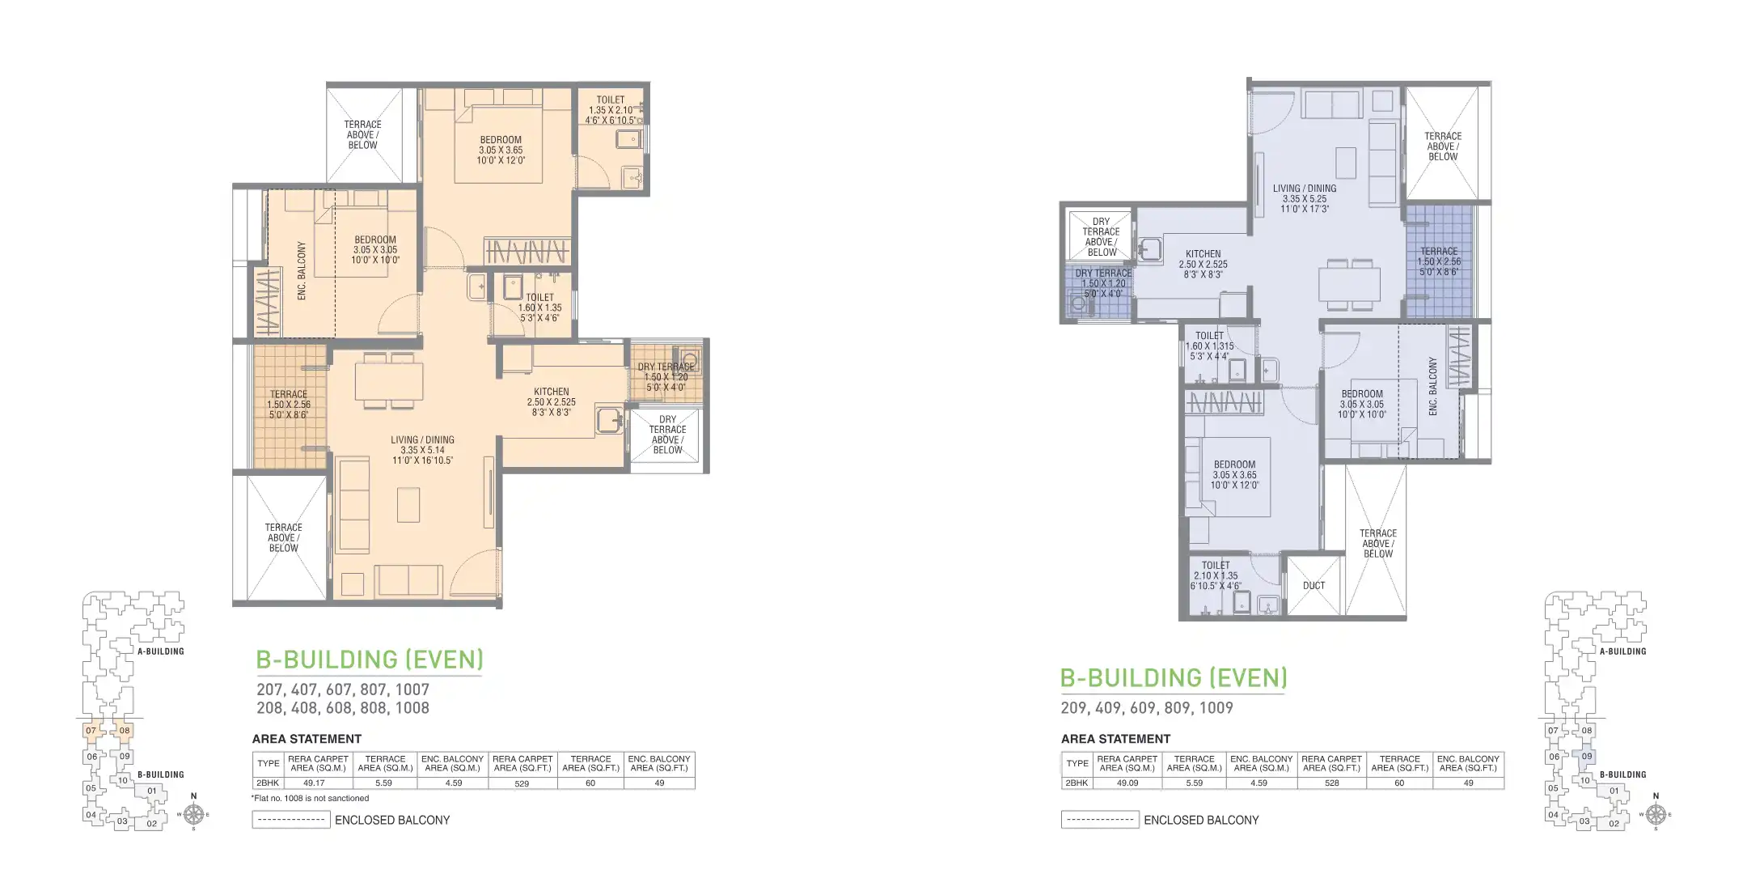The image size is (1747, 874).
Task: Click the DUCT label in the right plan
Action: click(1313, 585)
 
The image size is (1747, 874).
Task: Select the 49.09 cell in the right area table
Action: click(1127, 783)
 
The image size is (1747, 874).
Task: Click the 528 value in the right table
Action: click(1331, 783)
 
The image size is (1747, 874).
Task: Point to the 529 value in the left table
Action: click(522, 783)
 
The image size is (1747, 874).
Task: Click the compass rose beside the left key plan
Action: click(192, 812)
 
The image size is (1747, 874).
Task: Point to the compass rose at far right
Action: click(1655, 813)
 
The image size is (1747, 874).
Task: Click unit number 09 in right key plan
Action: click(1587, 757)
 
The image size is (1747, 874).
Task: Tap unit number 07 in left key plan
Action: click(91, 730)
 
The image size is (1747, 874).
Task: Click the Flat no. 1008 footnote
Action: click(310, 798)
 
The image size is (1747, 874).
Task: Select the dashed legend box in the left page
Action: click(291, 820)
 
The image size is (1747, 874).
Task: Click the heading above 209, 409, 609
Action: click(1173, 677)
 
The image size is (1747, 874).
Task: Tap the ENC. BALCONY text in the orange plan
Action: click(302, 271)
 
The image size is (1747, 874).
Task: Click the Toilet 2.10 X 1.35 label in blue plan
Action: click(1216, 575)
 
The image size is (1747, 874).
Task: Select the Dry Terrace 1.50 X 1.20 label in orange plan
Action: click(666, 377)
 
